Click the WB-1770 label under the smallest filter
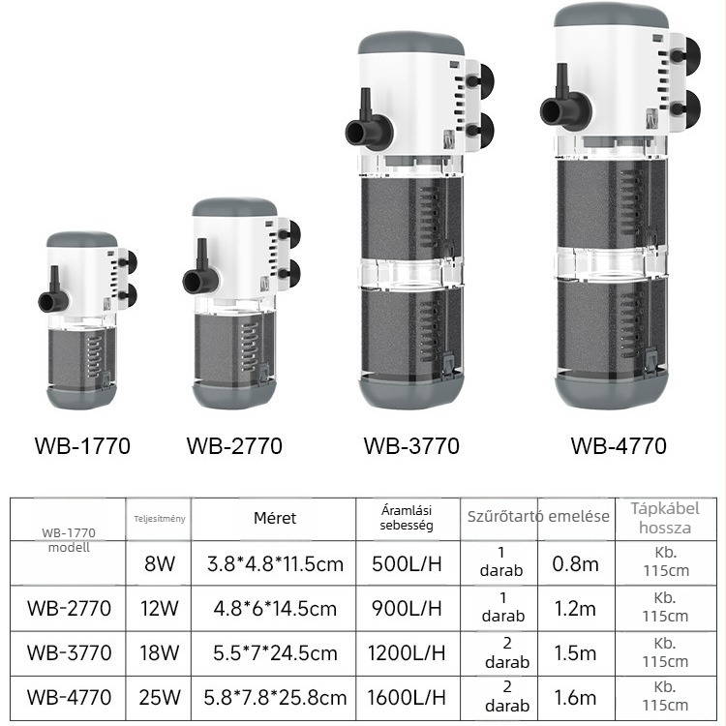click(x=82, y=446)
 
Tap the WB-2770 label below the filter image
click(x=234, y=446)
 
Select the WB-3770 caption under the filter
click(x=411, y=446)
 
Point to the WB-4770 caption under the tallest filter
click(x=619, y=446)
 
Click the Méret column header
click(x=275, y=518)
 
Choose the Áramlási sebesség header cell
click(x=407, y=518)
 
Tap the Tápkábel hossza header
click(x=665, y=518)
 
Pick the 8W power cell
click(x=160, y=564)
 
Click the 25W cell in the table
click(x=160, y=697)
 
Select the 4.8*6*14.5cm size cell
click(x=275, y=609)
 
